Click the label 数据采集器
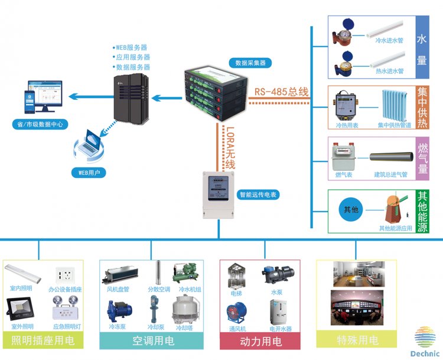(250, 62)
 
